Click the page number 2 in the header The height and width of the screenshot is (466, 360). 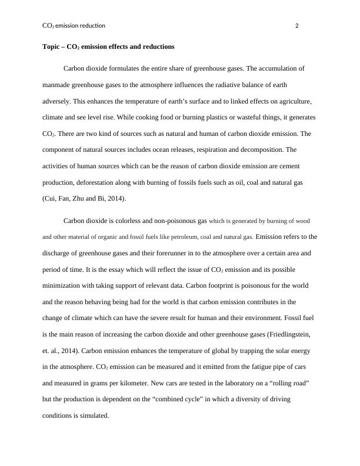(296, 26)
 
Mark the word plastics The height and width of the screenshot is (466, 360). (181, 117)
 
